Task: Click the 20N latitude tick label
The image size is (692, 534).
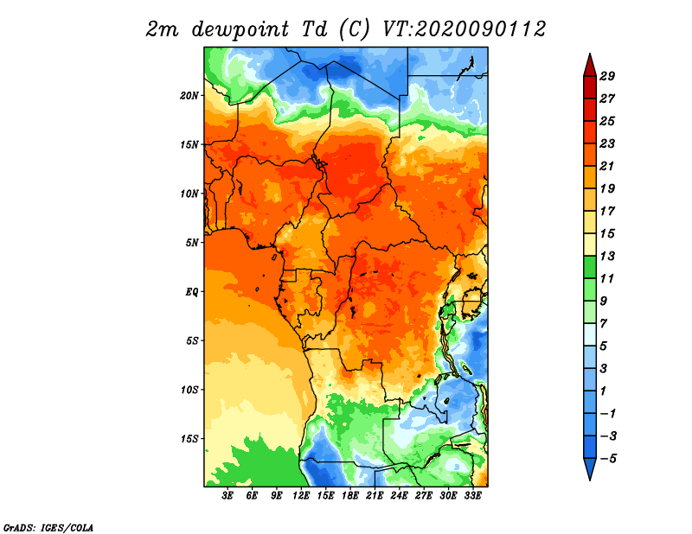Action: [189, 95]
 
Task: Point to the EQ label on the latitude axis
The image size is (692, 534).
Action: [191, 292]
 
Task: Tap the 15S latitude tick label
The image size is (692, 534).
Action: [189, 439]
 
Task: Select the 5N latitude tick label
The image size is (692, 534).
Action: [192, 243]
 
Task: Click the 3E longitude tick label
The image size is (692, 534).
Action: [227, 496]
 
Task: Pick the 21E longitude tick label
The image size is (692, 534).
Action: [375, 496]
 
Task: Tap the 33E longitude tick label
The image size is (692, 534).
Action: [472, 496]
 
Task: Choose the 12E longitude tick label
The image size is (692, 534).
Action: [301, 496]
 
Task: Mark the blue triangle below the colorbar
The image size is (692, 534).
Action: [588, 468]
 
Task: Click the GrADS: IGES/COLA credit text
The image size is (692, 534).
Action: [48, 526]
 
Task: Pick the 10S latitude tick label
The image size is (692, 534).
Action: [189, 390]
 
